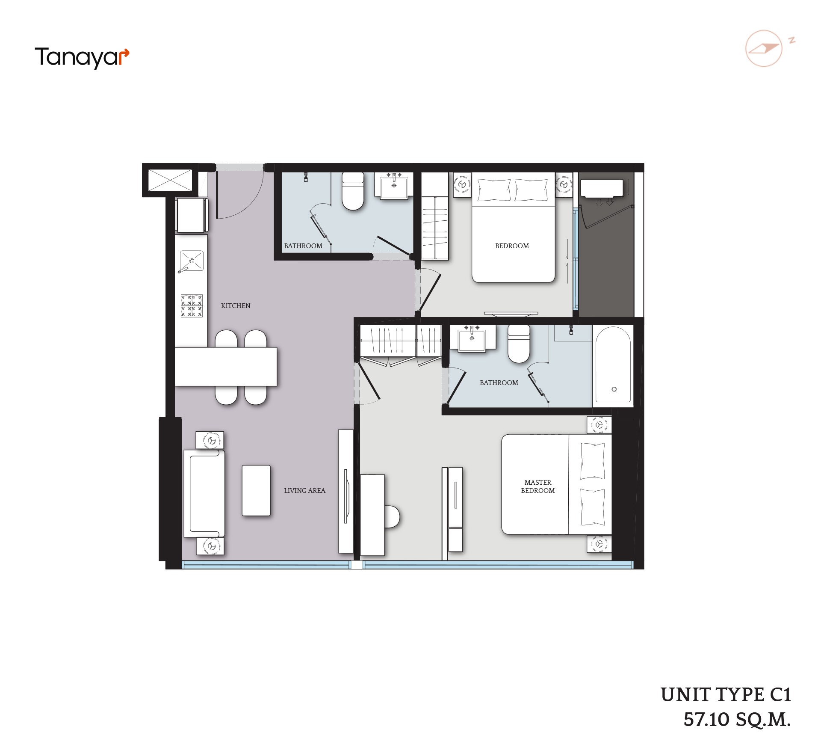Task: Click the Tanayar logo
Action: pos(82,58)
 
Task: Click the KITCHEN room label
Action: pos(236,305)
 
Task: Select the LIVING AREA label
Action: pos(304,490)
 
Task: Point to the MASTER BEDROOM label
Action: pos(537,486)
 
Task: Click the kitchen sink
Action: pos(191,261)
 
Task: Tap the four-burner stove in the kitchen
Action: pos(192,305)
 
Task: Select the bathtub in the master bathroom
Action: pos(613,365)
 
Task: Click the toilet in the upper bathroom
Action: pos(353,191)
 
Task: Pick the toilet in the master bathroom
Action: pos(519,344)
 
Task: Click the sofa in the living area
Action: pos(204,493)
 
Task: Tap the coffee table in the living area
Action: pos(256,490)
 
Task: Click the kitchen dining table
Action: pos(226,367)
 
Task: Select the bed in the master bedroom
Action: pos(556,484)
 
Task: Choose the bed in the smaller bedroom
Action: pos(513,227)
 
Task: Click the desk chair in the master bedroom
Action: pos(392,517)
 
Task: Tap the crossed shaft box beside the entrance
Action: pos(170,180)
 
